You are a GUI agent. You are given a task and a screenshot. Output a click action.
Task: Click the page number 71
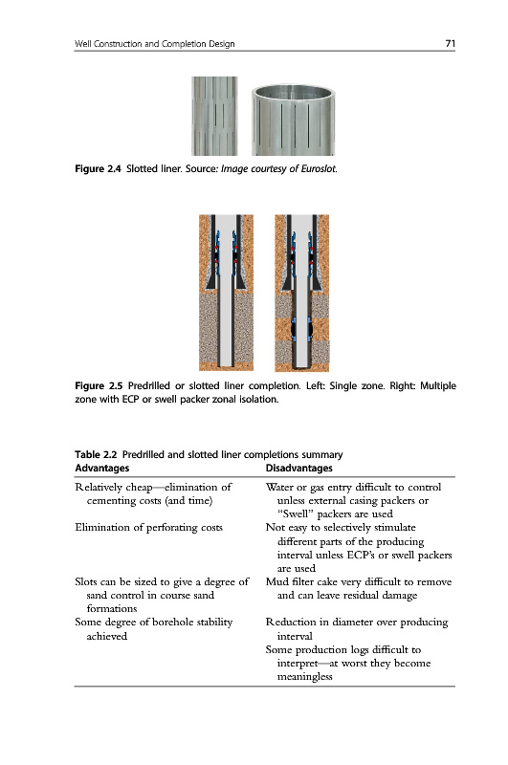coord(450,43)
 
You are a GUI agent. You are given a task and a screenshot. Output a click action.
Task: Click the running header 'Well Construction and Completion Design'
coord(155,44)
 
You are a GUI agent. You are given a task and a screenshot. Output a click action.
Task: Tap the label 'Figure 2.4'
coord(98,169)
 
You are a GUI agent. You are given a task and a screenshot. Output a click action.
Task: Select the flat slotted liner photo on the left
coord(214,116)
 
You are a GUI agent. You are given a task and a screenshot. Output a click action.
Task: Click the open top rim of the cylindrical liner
coord(294,91)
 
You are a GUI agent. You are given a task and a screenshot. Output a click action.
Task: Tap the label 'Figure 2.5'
coord(99,386)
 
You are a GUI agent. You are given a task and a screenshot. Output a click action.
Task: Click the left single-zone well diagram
coord(226,293)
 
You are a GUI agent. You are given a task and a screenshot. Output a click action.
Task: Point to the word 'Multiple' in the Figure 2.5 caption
coord(438,386)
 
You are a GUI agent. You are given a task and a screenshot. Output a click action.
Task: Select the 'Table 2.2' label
coord(96,455)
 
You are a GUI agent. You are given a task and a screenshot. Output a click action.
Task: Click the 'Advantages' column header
coord(102,469)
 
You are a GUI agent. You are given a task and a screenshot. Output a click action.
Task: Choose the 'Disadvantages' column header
coord(298,469)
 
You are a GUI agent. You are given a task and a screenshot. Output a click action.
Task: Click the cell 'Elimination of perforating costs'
coord(149,528)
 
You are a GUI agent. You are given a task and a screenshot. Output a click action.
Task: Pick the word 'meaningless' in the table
coord(305,677)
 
